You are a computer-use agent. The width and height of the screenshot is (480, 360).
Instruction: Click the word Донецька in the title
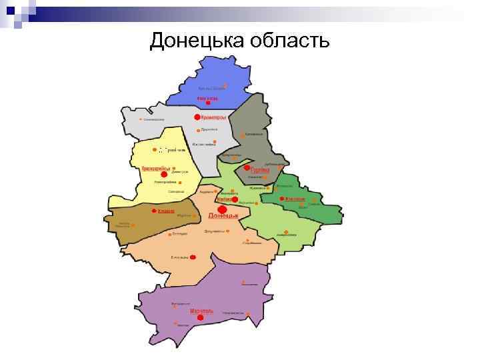[197, 41]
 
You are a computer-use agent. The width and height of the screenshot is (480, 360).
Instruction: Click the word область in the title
[289, 41]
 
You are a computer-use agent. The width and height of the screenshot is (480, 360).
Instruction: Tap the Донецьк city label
[223, 215]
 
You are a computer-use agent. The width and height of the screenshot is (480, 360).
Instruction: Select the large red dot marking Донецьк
[222, 209]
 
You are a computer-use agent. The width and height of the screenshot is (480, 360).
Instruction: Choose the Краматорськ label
[214, 117]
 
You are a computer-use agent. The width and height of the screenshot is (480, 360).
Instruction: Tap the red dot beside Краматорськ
[197, 117]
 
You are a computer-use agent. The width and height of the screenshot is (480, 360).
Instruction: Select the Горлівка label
[259, 170]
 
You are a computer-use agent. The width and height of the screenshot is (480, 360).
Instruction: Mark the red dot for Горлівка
[247, 168]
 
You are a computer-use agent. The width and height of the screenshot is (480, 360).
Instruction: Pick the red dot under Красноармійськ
[164, 174]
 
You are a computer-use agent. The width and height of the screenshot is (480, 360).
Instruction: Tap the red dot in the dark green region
[283, 199]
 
